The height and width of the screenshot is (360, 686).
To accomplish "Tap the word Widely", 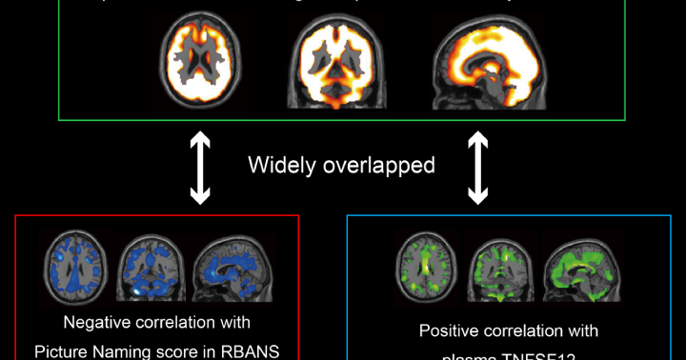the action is click(x=283, y=165).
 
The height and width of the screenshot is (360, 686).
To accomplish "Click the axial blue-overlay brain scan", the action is click(x=77, y=266).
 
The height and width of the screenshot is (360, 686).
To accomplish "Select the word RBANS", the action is click(x=249, y=350).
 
